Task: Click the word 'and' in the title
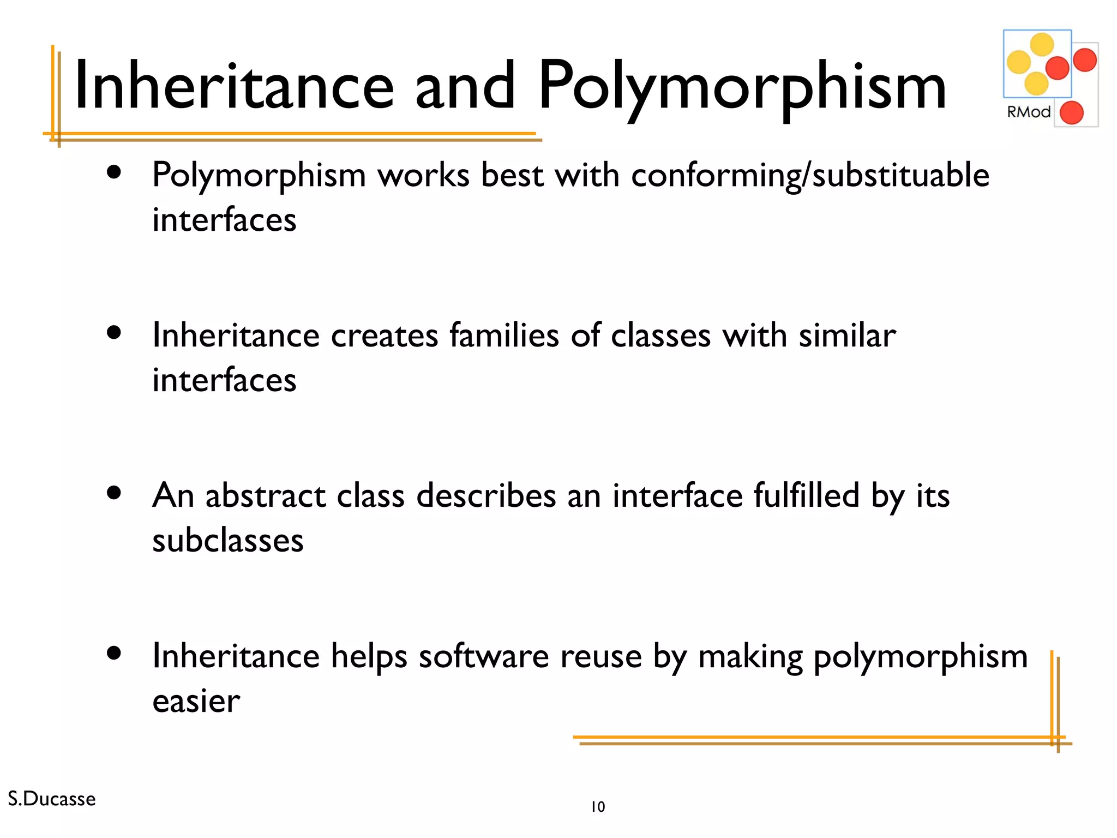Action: [465, 86]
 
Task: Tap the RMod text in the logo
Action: [1028, 112]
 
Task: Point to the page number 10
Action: [598, 806]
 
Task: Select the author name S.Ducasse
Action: [52, 799]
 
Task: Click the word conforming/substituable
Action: [810, 176]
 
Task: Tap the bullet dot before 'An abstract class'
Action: [114, 494]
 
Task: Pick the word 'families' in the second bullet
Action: [504, 335]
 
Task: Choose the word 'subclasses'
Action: [227, 540]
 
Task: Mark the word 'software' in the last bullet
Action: [483, 656]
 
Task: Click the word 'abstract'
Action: [265, 495]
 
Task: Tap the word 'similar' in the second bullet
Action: [847, 335]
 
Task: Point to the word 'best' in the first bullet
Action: [512, 176]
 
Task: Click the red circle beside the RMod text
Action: [1071, 113]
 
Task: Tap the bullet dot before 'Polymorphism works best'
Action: [114, 173]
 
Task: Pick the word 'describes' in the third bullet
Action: [486, 495]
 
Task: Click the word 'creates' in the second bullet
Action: [384, 335]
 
